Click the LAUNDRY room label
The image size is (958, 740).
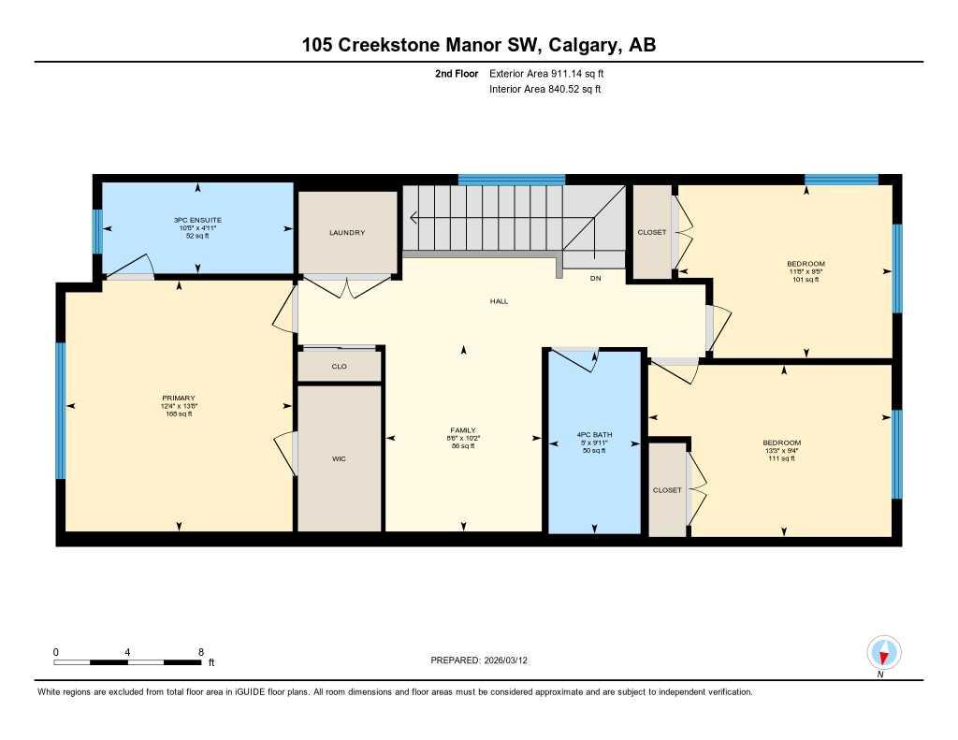pyautogui.click(x=347, y=233)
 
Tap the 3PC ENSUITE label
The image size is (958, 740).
pyautogui.click(x=197, y=220)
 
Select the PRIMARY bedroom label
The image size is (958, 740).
pyautogui.click(x=176, y=399)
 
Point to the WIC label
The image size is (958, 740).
pyautogui.click(x=339, y=459)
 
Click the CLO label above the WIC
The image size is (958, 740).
pyautogui.click(x=339, y=366)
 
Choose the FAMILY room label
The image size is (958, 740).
pyautogui.click(x=464, y=430)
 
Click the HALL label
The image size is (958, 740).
pyautogui.click(x=500, y=301)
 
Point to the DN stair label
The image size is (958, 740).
pyautogui.click(x=595, y=279)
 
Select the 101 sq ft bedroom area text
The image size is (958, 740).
pyautogui.click(x=806, y=279)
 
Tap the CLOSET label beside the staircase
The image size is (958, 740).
pyautogui.click(x=652, y=233)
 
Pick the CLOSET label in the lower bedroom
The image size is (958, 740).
pyautogui.click(x=667, y=489)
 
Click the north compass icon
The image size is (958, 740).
pyautogui.click(x=883, y=652)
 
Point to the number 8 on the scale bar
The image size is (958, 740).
pyautogui.click(x=200, y=651)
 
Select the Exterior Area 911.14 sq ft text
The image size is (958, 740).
pyautogui.click(x=553, y=73)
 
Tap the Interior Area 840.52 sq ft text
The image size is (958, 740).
pyautogui.click(x=545, y=90)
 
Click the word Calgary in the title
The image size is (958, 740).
pyautogui.click(x=584, y=45)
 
